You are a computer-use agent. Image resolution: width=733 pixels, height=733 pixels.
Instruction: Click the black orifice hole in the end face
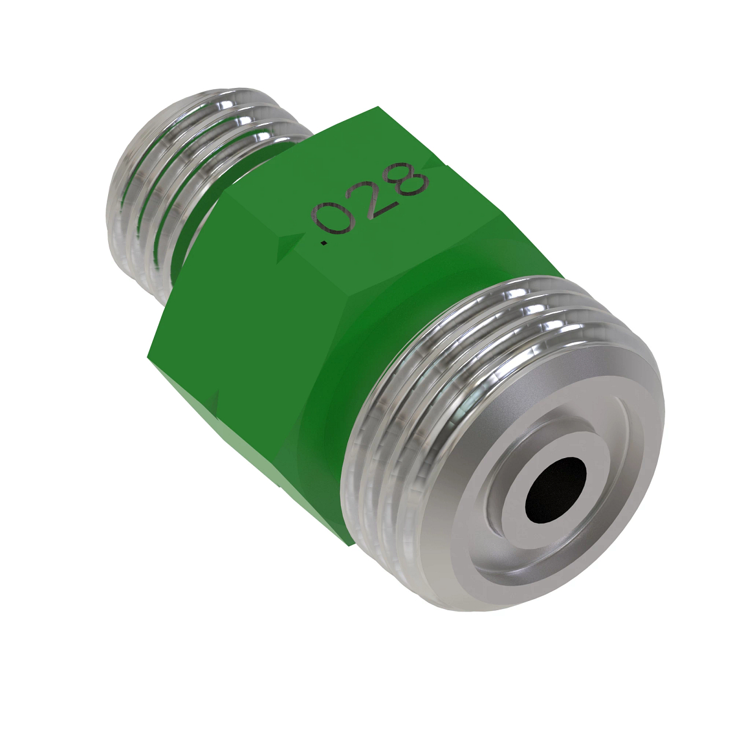click(555, 490)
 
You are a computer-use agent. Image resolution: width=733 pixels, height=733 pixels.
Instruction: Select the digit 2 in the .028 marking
click(375, 199)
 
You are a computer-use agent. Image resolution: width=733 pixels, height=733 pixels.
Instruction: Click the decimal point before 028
click(324, 245)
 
